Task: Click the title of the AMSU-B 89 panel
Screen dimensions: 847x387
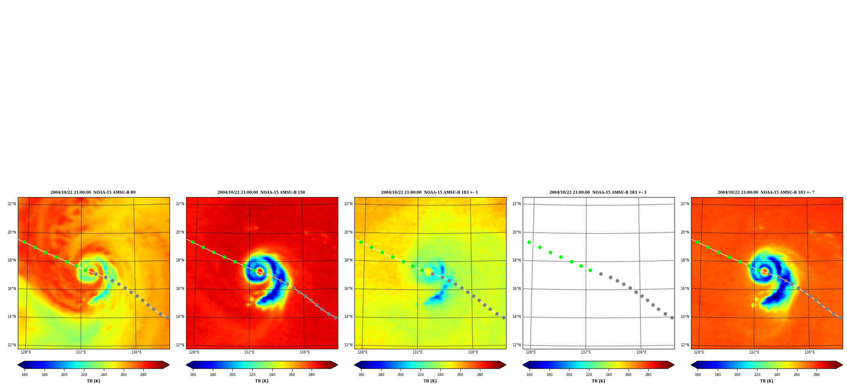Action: click(93, 192)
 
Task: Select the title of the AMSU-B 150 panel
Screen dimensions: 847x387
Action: click(261, 192)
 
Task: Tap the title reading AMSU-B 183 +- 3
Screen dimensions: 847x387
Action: click(598, 192)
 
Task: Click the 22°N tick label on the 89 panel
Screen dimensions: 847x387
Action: click(11, 204)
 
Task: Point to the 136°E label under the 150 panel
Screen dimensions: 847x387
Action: click(305, 352)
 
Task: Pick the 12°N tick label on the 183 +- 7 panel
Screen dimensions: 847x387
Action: click(685, 345)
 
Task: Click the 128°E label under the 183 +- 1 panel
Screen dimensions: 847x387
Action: click(362, 352)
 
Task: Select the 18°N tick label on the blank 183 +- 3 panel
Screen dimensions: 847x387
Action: click(516, 260)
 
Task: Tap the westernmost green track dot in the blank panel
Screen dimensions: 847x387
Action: click(529, 242)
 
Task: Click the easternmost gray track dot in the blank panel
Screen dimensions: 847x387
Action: click(672, 317)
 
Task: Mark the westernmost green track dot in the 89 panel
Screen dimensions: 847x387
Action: click(24, 242)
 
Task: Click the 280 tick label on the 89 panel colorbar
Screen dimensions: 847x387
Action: click(143, 375)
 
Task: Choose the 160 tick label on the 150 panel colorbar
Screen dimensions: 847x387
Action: click(193, 375)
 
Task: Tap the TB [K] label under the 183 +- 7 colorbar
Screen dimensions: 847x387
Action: click(766, 381)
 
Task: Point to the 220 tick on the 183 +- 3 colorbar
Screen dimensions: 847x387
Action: click(589, 375)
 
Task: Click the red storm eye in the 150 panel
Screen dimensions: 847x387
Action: click(260, 272)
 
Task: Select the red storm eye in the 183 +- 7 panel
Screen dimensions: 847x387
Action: click(765, 272)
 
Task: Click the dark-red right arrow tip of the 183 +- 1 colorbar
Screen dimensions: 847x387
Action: click(506, 365)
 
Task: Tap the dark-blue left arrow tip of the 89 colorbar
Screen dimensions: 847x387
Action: click(18, 365)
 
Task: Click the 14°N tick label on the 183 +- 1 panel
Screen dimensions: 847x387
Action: click(348, 317)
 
